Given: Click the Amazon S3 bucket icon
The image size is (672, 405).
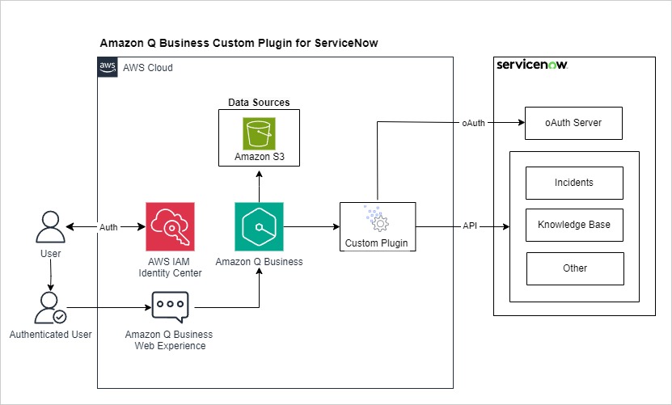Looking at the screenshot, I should point(259,133).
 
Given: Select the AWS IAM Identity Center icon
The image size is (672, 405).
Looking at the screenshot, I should point(171,227).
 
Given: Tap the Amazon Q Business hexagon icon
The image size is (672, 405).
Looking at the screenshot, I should point(259,227).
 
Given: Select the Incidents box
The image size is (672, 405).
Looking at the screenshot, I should point(574,184).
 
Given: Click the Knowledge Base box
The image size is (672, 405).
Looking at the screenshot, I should point(574,226).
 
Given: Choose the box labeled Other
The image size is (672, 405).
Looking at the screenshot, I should point(575,268).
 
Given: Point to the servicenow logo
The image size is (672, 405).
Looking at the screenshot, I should point(532,65).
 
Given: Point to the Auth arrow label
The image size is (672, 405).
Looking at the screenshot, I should point(109,227).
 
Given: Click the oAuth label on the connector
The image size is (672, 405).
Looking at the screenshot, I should point(475,123).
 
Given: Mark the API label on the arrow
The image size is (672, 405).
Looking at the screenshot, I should point(470,226).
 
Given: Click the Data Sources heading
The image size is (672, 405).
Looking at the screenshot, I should point(259,103).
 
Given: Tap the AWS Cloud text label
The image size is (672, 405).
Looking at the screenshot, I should point(148,68).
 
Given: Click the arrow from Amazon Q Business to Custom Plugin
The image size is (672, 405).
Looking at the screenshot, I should point(311,227).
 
